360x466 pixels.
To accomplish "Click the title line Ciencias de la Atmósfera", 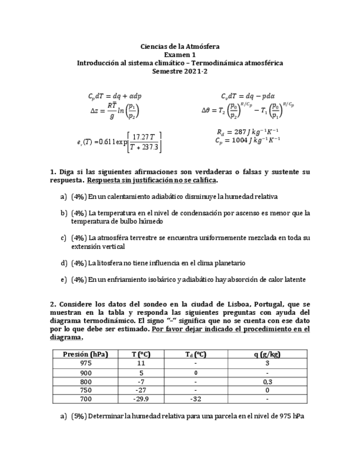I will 180,47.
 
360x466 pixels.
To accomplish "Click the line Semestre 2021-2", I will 180,71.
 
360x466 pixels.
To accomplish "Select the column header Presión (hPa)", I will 85,354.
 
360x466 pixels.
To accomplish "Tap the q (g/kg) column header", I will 267,354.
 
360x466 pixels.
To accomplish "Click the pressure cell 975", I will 85,364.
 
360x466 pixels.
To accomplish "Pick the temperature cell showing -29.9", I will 141,399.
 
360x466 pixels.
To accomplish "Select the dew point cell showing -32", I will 195,399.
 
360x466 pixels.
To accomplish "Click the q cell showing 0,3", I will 267,381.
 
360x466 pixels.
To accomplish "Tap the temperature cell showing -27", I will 141,390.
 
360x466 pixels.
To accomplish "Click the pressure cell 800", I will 85,381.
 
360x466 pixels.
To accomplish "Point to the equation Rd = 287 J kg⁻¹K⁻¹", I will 248,132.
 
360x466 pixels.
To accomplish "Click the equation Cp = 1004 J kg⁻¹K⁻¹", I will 248,140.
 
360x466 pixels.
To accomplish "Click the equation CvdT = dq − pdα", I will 248,96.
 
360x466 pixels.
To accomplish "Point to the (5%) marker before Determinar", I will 79,417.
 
